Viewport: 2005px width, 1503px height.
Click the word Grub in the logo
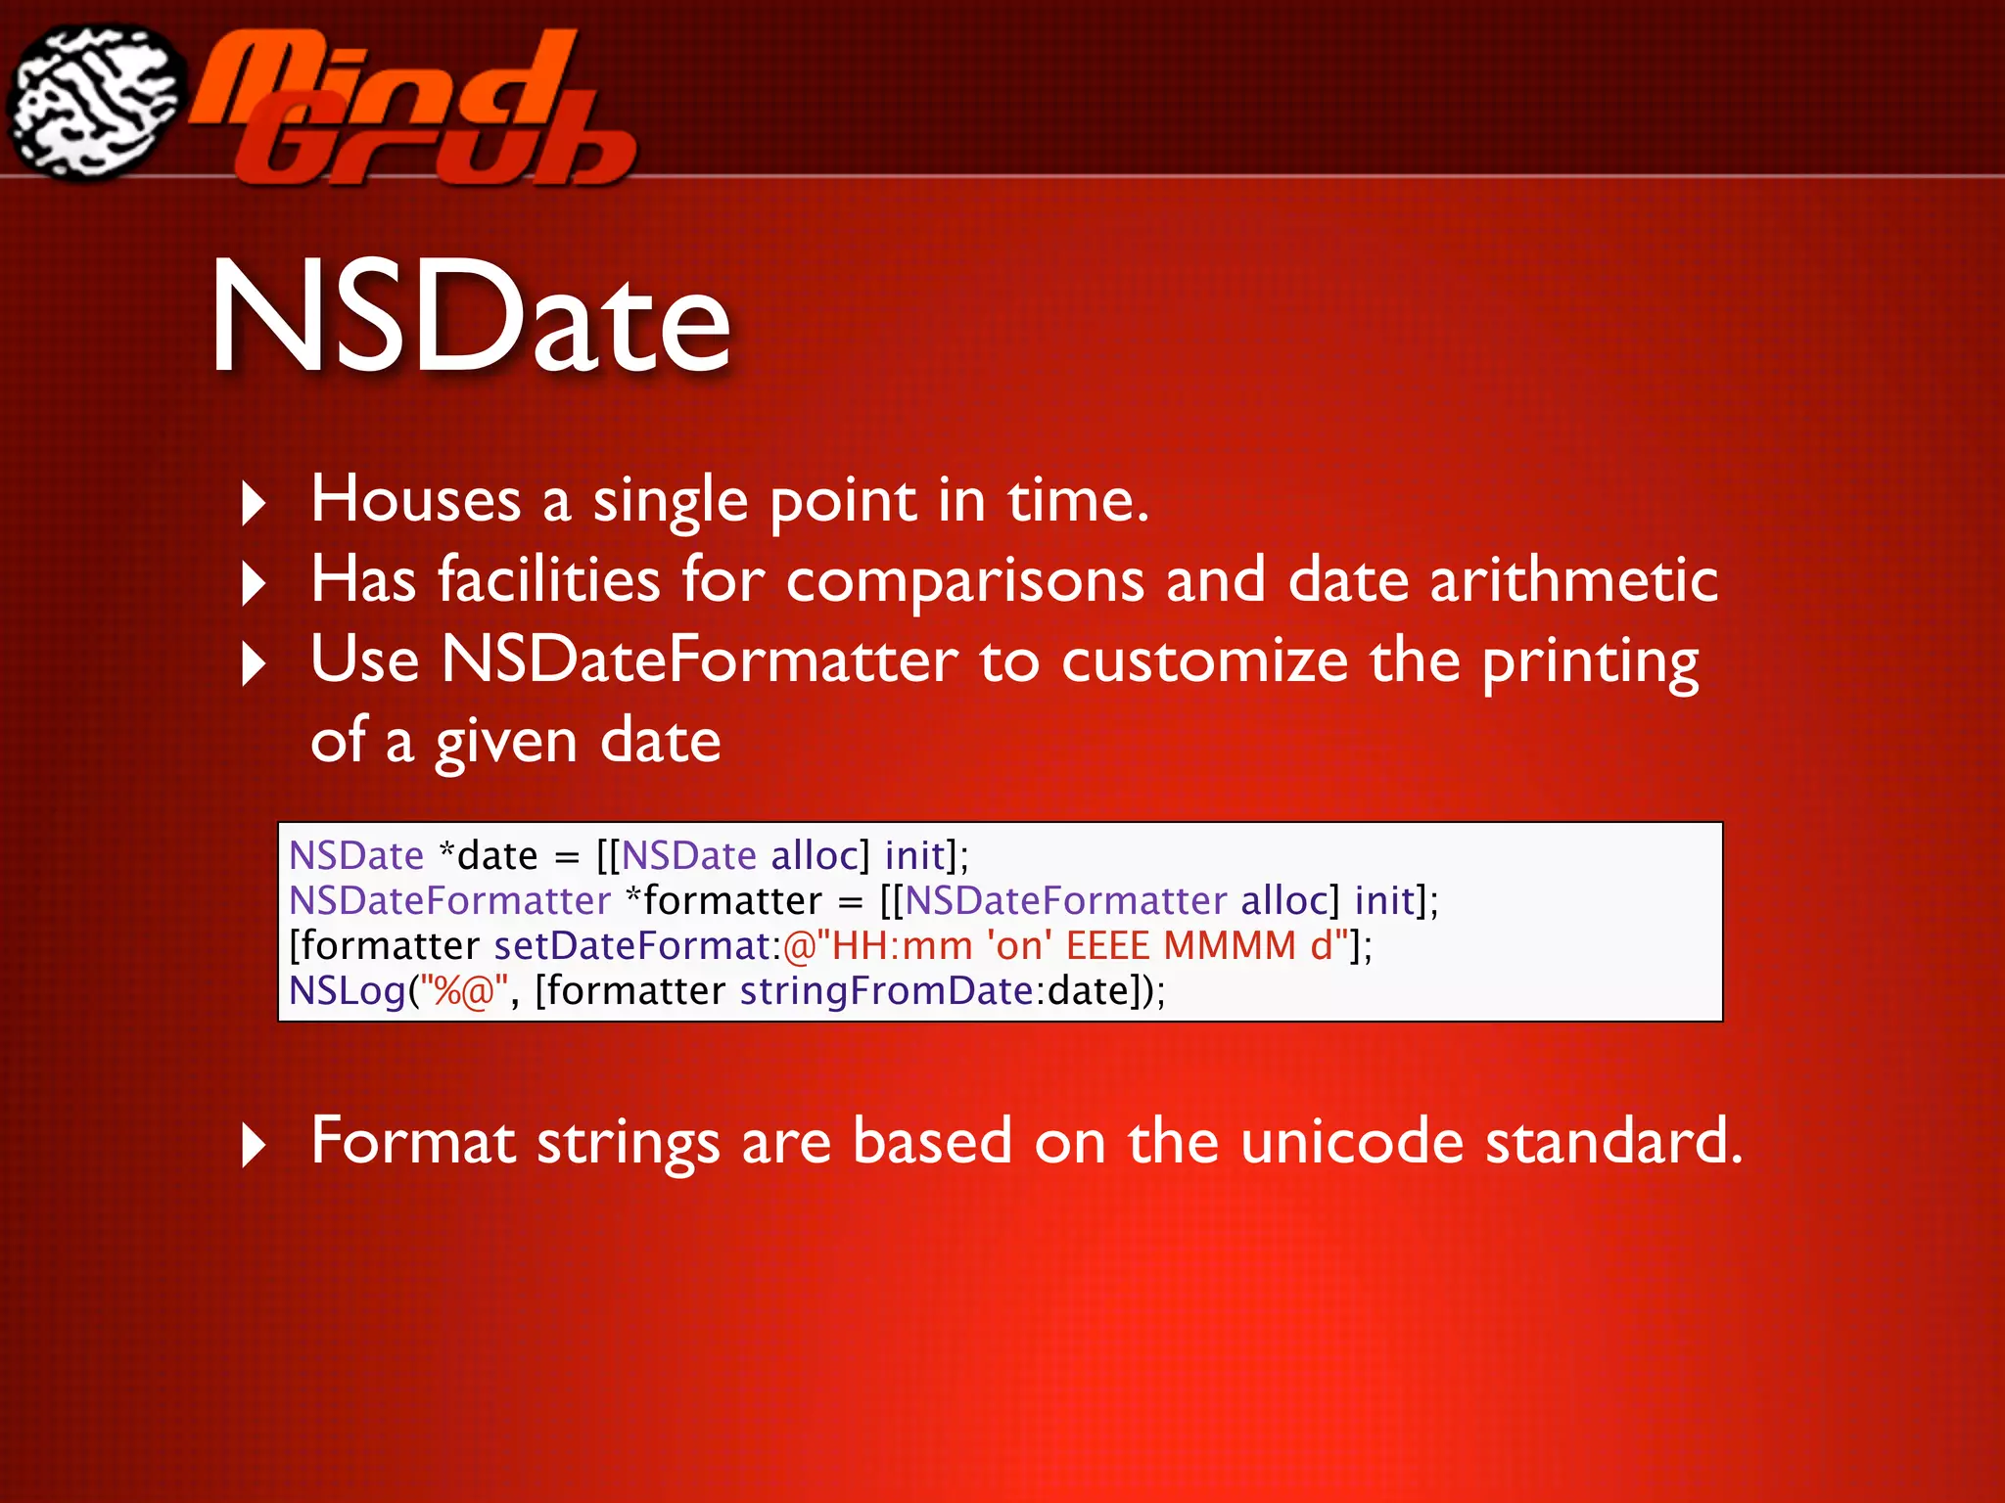[431, 147]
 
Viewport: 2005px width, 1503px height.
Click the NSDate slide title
[470, 318]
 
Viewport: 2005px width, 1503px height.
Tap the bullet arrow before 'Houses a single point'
[254, 504]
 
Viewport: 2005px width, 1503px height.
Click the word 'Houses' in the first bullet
[416, 500]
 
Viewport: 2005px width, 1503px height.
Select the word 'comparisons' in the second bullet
[964, 580]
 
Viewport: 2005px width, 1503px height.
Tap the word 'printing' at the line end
[1590, 661]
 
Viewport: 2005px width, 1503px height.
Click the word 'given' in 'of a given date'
[506, 742]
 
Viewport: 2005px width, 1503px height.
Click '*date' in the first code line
[489, 856]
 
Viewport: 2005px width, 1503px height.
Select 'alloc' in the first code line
[815, 856]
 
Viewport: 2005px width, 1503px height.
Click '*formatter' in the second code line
[723, 901]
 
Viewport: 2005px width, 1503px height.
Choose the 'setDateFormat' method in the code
[631, 946]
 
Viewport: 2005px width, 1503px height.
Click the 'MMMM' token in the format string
[1230, 946]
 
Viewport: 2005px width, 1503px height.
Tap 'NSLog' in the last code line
[347, 991]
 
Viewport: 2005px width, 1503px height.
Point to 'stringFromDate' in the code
[886, 991]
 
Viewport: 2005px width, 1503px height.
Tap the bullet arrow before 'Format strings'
[254, 1145]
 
